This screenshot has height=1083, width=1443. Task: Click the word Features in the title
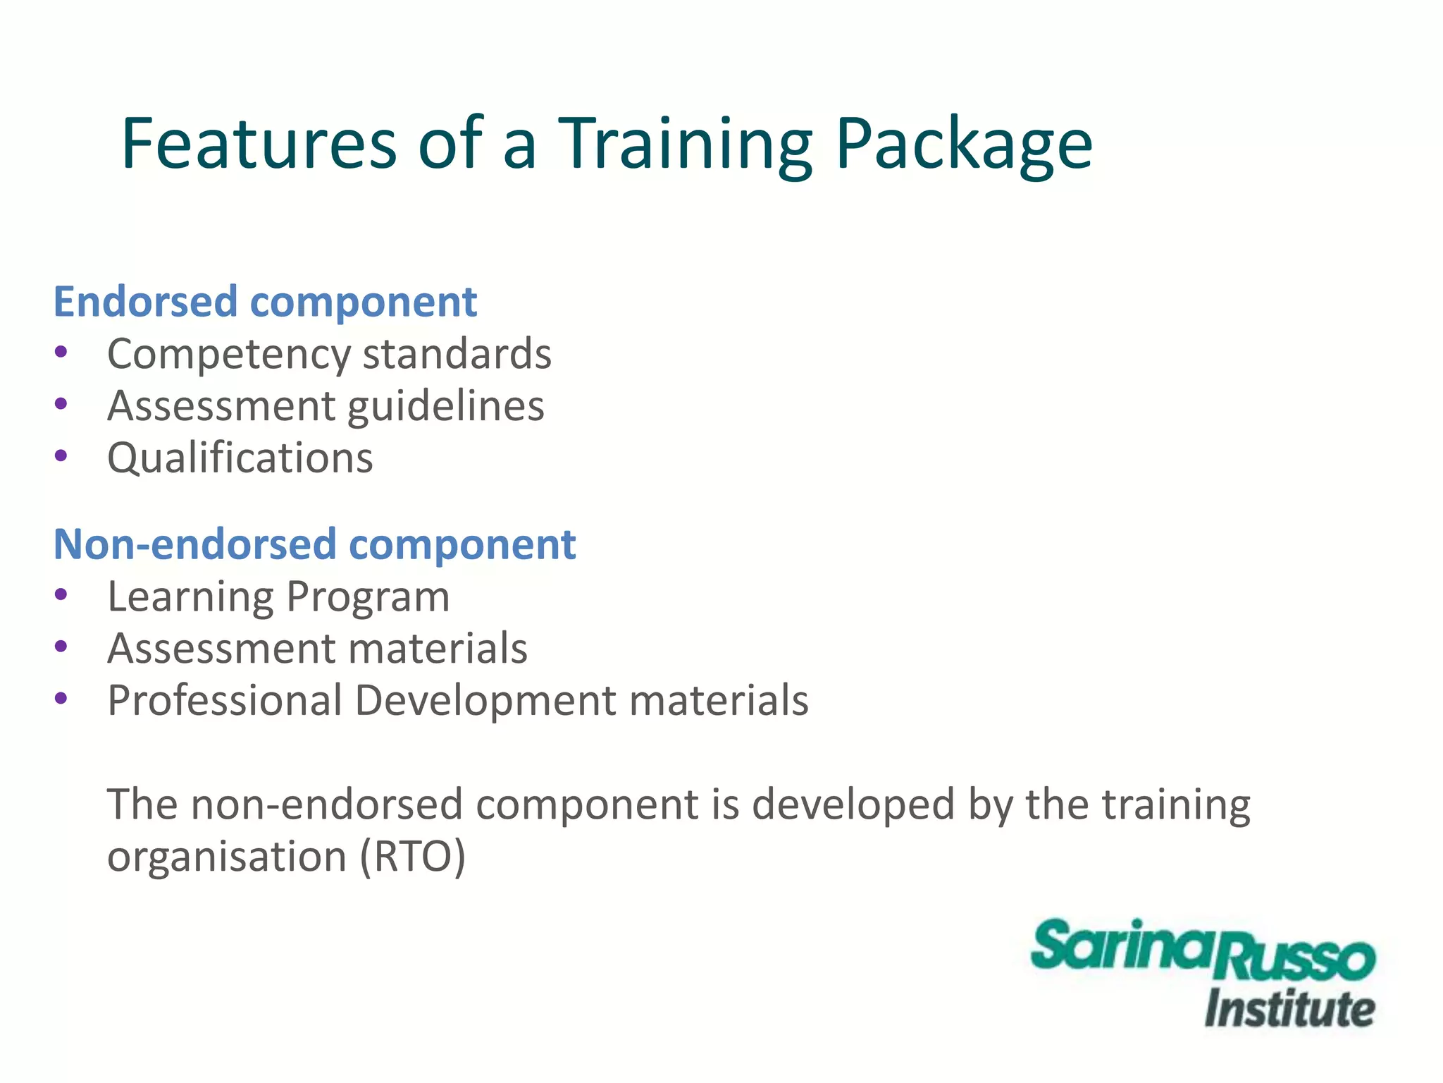(259, 145)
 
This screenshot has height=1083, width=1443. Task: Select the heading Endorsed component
(265, 302)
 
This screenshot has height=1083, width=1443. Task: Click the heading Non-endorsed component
(314, 544)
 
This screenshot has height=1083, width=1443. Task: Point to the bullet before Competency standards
(61, 351)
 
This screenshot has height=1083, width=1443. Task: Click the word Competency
(228, 354)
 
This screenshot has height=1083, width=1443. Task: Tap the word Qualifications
(240, 458)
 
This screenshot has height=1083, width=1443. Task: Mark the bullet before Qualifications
(61, 455)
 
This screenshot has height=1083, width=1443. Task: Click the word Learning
(190, 596)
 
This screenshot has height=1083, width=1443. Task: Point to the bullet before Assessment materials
(61, 646)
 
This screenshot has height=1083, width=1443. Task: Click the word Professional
(224, 700)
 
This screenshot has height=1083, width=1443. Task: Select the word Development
(485, 700)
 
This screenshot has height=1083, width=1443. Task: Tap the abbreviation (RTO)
(413, 857)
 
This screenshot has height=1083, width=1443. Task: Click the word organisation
(226, 857)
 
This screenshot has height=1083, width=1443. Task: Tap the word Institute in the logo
(1289, 1009)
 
